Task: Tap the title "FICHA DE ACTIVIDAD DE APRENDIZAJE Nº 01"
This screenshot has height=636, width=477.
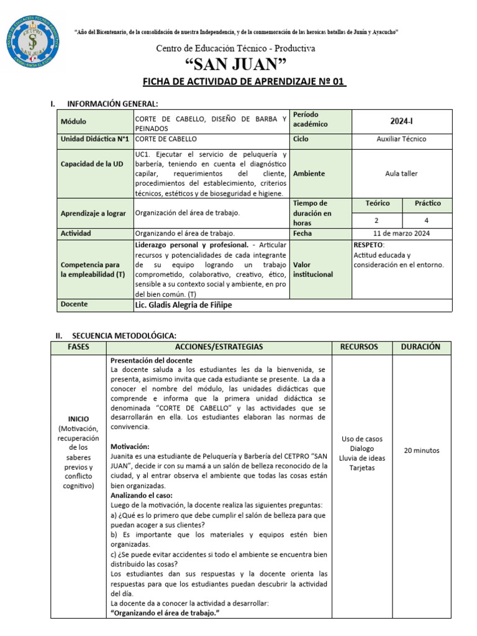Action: [244, 83]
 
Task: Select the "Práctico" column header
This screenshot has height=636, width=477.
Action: [428, 203]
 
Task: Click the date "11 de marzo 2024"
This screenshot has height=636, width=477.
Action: [401, 234]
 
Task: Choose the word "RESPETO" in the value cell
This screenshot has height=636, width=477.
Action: [368, 245]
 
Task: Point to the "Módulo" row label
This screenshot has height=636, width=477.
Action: [74, 122]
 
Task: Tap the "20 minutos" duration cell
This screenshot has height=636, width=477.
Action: [421, 451]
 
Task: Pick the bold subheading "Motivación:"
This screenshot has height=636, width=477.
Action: [130, 446]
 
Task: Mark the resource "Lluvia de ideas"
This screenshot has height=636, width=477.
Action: [362, 458]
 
